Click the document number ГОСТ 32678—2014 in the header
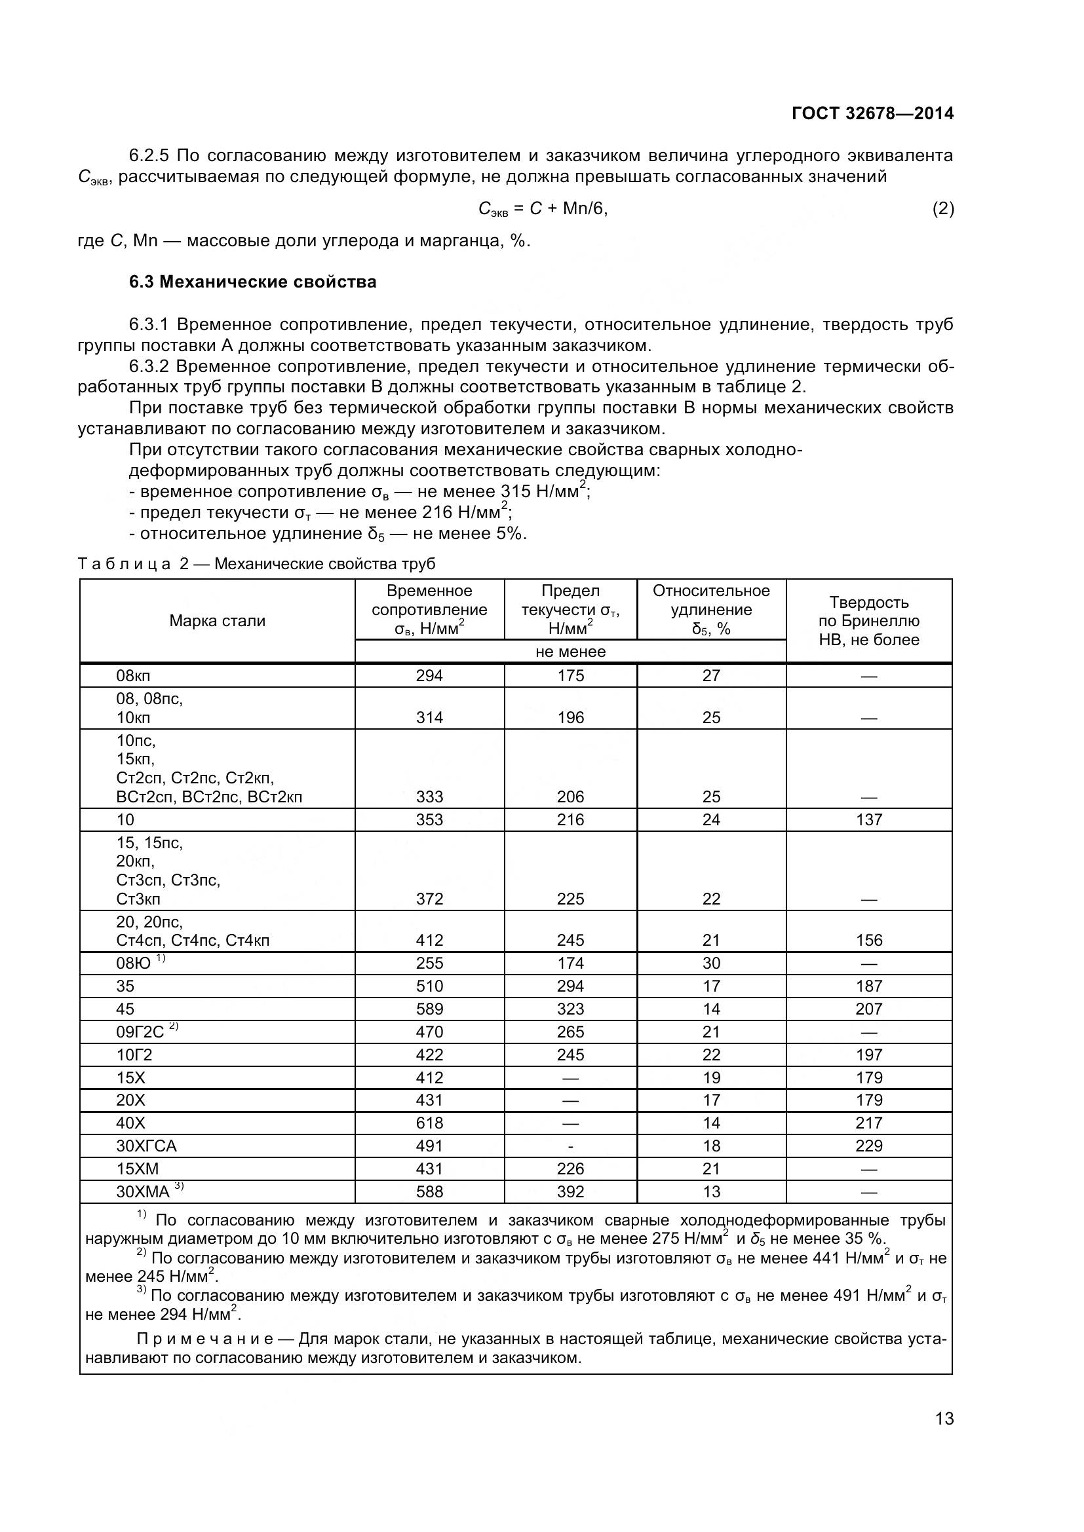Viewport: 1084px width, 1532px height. tap(872, 113)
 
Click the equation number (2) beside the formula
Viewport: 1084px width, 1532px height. tap(942, 209)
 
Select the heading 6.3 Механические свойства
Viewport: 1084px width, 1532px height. tap(252, 282)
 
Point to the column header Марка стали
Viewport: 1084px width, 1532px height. tap(217, 620)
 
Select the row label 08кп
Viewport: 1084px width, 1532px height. tap(134, 675)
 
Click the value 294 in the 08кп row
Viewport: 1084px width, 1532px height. tap(429, 675)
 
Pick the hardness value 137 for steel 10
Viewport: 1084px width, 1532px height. tap(868, 819)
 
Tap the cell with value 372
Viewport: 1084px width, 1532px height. tap(429, 899)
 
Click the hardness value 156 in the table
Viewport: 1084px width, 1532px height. tap(868, 940)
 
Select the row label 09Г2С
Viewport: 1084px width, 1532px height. tap(140, 1032)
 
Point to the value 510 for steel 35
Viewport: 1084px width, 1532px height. tap(429, 986)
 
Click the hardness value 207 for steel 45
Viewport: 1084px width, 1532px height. tap(868, 1009)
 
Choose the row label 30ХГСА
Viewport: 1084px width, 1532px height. tap(146, 1146)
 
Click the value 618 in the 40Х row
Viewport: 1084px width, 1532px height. tap(429, 1123)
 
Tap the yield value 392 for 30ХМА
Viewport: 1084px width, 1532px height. tap(570, 1191)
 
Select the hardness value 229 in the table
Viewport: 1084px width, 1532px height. tap(868, 1146)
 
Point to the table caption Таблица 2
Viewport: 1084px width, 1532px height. tap(133, 564)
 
